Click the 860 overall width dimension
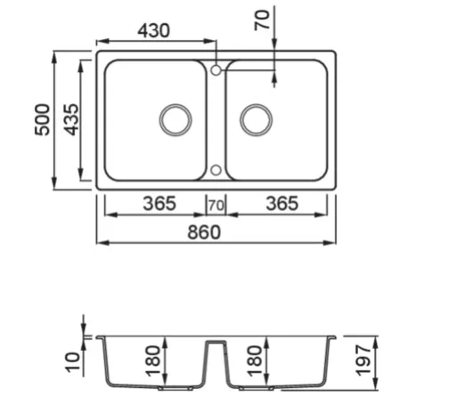coord(204,232)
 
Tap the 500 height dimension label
coord(42,119)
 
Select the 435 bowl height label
coord(71,119)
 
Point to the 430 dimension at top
coord(153,30)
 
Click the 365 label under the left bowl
coord(159,204)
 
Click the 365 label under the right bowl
coord(282,204)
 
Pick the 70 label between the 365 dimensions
coord(216,206)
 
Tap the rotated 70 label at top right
coord(262,20)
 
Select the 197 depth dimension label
coord(363,360)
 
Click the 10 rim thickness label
coord(72,362)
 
